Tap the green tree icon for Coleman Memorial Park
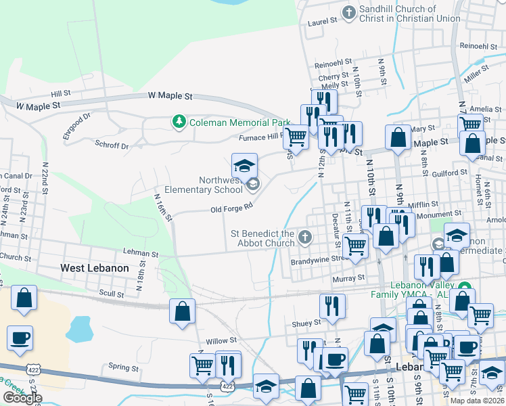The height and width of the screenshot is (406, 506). tap(179, 122)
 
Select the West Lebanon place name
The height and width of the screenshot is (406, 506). tap(94, 268)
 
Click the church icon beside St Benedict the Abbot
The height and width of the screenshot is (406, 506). tap(305, 238)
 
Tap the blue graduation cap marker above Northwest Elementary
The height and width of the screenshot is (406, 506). tap(244, 165)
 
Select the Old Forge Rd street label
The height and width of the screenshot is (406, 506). tap(231, 205)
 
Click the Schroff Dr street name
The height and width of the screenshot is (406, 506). tap(112, 145)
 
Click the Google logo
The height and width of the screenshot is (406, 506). tap(22, 398)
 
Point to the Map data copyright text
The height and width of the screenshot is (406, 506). tap(477, 401)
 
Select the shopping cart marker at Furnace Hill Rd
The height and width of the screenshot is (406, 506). tap(296, 137)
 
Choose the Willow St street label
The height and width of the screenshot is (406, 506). tap(223, 340)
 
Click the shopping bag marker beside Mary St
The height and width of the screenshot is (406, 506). tap(398, 137)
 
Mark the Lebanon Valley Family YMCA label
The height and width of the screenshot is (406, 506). tap(412, 290)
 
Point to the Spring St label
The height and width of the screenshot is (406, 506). tap(123, 368)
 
